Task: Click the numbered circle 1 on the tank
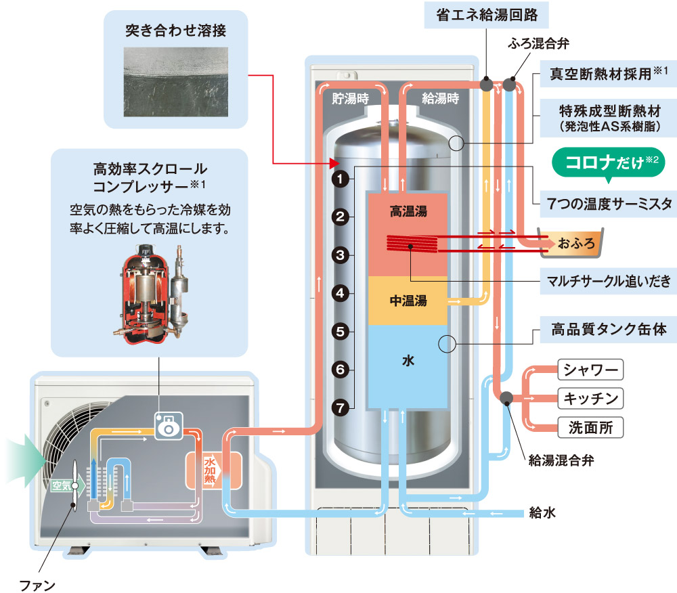pos(340,179)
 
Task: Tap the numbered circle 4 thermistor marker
pos(340,294)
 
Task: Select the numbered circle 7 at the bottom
pos(340,408)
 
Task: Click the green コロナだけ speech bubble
pos(605,164)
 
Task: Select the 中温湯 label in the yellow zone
pos(408,301)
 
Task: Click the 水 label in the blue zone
pos(408,362)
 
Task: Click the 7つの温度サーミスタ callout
pos(609,202)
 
